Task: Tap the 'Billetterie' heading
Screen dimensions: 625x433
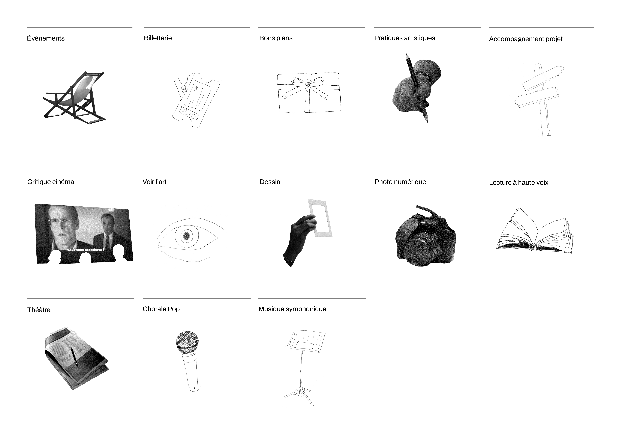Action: click(158, 38)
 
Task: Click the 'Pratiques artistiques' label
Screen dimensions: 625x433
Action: click(405, 38)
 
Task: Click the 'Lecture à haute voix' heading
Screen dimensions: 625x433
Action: click(519, 183)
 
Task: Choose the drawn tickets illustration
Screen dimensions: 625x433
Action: click(196, 100)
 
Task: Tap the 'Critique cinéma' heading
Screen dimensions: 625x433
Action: click(51, 182)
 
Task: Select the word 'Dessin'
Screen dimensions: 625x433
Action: click(270, 182)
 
